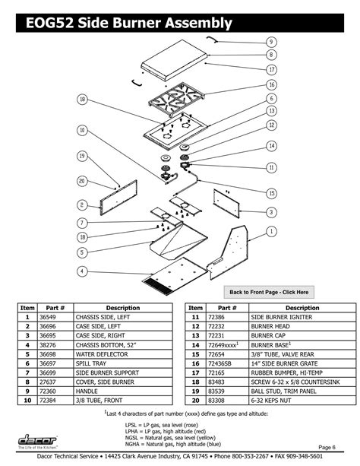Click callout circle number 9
271,41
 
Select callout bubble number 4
81,270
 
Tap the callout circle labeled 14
271,145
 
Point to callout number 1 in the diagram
271,230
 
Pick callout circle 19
81,156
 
